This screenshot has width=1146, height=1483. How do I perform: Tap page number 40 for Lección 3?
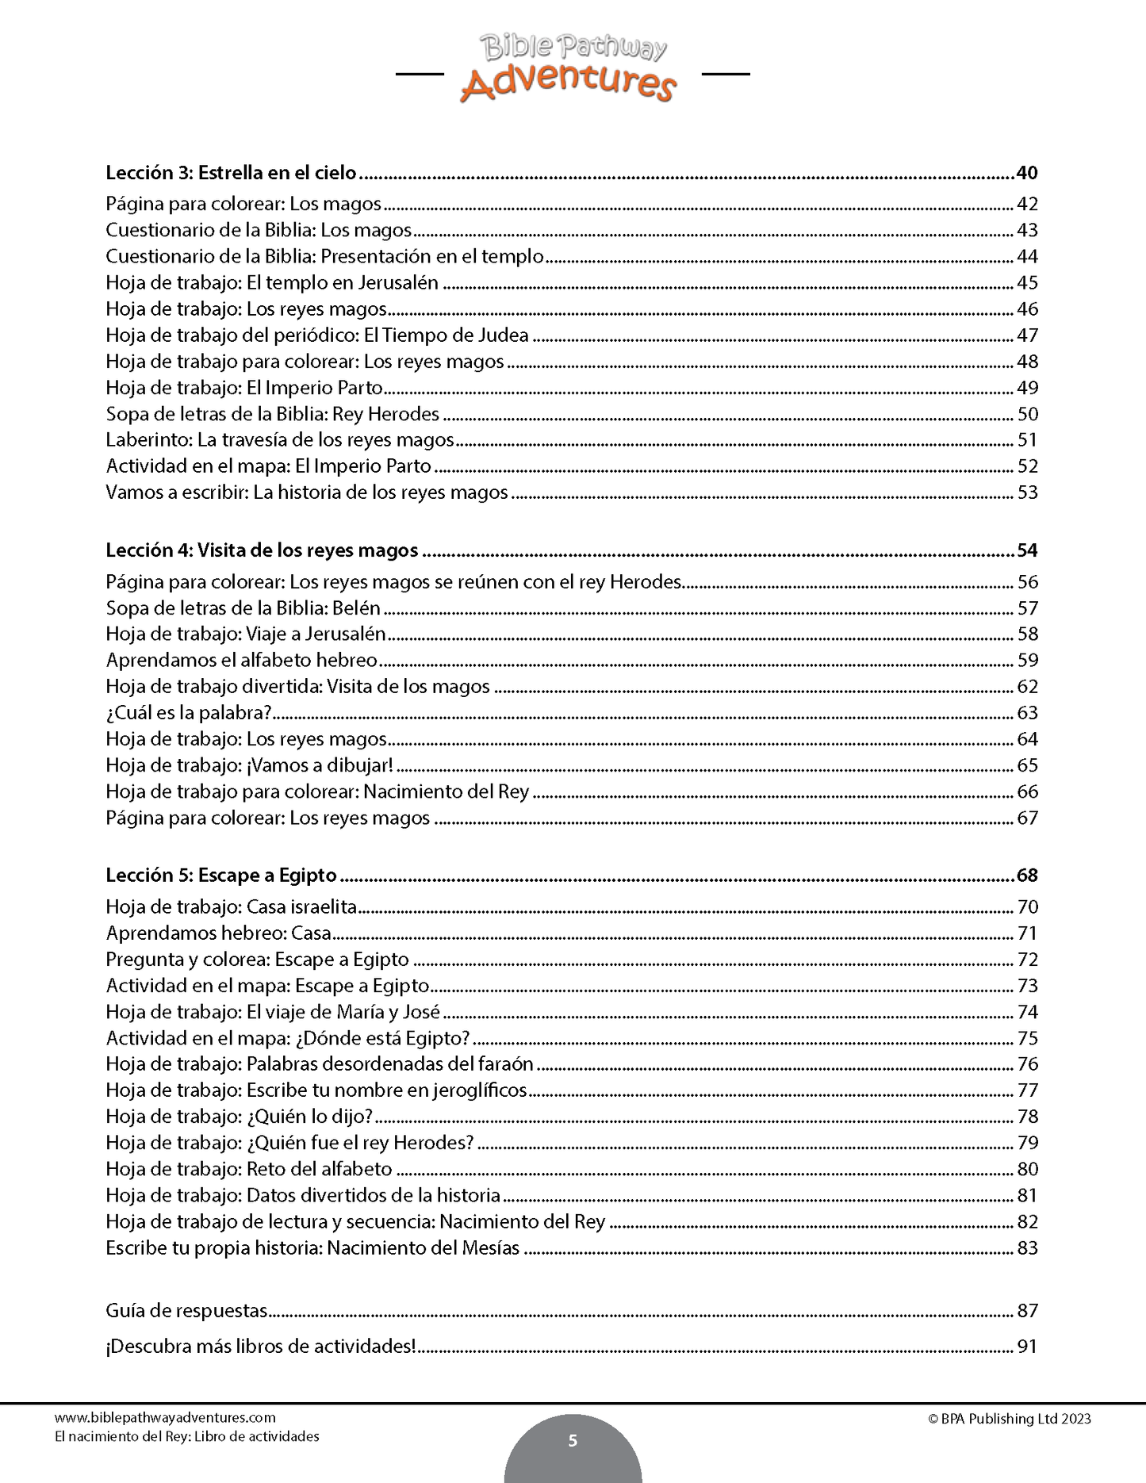pyautogui.click(x=1026, y=173)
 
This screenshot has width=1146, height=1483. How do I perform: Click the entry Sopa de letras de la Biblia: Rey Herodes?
pyautogui.click(x=272, y=414)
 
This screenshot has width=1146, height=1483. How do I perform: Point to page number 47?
pyautogui.click(x=1027, y=335)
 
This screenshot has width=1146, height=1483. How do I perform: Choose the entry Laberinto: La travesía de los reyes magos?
pyautogui.click(x=280, y=440)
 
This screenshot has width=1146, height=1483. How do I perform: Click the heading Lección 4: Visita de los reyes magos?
pyautogui.click(x=262, y=550)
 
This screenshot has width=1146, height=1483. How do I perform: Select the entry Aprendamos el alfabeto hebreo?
pyautogui.click(x=241, y=660)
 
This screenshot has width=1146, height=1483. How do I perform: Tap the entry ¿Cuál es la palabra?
pyautogui.click(x=189, y=713)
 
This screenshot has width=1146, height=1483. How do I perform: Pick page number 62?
pyautogui.click(x=1027, y=687)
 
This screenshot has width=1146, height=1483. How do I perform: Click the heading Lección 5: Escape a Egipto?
pyautogui.click(x=221, y=876)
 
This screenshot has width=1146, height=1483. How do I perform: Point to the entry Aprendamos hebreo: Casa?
pyautogui.click(x=218, y=933)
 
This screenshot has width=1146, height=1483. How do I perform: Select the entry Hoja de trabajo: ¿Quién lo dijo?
pyautogui.click(x=239, y=1117)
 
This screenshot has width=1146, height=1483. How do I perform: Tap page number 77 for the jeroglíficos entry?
pyautogui.click(x=1027, y=1090)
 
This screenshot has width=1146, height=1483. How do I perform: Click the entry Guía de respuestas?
pyautogui.click(x=186, y=1311)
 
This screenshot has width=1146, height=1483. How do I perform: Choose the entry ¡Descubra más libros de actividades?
pyautogui.click(x=261, y=1347)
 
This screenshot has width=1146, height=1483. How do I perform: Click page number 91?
pyautogui.click(x=1027, y=1347)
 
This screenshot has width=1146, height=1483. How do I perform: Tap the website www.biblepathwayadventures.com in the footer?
pyautogui.click(x=165, y=1418)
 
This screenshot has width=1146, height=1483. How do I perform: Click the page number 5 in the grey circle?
pyautogui.click(x=573, y=1441)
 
